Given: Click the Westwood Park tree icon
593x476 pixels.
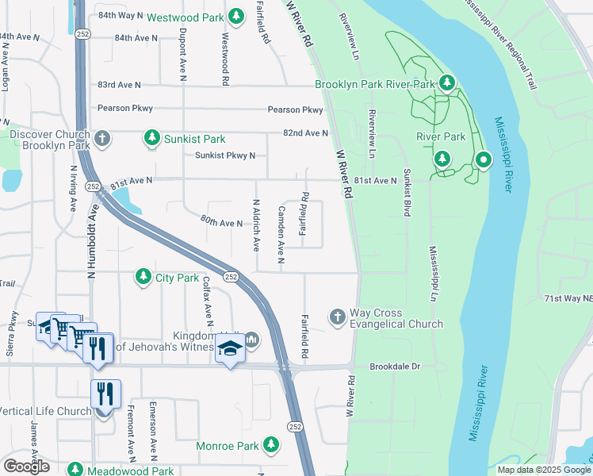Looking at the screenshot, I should click(x=235, y=16).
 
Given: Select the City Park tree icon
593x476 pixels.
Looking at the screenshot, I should click(x=143, y=277).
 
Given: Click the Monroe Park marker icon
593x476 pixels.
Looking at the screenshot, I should click(x=272, y=445).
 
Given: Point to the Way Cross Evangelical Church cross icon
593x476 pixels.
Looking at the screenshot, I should click(x=337, y=317).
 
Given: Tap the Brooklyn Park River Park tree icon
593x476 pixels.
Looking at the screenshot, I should click(x=447, y=83).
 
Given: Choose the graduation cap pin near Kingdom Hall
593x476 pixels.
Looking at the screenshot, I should click(x=230, y=350).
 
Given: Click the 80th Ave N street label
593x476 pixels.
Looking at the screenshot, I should click(x=221, y=222).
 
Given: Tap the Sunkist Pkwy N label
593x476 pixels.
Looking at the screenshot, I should click(x=225, y=155).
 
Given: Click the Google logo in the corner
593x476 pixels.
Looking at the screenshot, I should click(x=26, y=466).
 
